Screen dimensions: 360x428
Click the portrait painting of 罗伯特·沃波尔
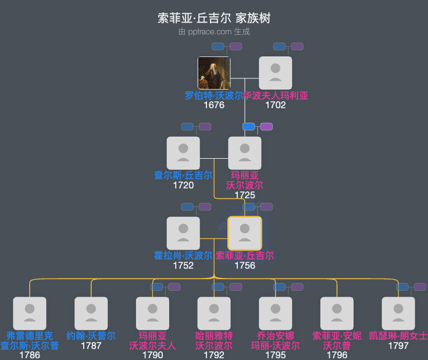[214, 73]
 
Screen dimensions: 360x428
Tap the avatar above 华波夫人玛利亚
[275, 73]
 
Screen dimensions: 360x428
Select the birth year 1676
[214, 105]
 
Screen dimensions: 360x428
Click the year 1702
[275, 105]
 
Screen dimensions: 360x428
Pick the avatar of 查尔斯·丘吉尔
[183, 153]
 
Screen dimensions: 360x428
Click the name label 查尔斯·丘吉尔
[183, 176]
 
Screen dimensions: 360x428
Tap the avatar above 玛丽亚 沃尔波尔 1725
[245, 153]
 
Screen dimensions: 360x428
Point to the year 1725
[245, 195]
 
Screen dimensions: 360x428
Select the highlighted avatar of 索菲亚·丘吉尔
[245, 233]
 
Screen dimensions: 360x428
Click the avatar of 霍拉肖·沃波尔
[183, 233]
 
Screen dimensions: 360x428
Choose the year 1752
[183, 265]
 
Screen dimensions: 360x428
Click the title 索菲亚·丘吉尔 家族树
[214, 18]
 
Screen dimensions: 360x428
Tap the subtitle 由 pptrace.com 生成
[214, 31]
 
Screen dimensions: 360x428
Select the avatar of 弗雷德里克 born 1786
[30, 313]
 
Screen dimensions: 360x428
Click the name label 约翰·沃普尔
[91, 336]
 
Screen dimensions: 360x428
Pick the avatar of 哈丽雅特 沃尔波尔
[214, 313]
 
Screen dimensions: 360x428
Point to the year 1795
[275, 355]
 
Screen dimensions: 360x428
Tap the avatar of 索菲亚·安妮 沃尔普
[337, 313]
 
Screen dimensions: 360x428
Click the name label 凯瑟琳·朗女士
[398, 336]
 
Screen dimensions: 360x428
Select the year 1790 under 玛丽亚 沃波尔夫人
[152, 355]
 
